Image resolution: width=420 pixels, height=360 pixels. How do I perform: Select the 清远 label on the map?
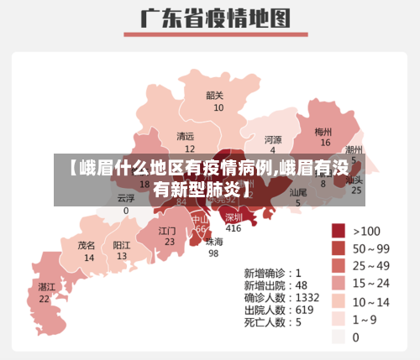point(185,137)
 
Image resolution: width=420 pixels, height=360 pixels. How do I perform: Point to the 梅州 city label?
point(323,132)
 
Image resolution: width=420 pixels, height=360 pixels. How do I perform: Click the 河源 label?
point(273,139)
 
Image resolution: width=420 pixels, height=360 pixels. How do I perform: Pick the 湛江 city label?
point(46,287)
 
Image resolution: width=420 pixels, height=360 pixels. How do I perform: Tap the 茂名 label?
point(87,246)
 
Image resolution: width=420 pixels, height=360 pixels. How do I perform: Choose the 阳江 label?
point(122,245)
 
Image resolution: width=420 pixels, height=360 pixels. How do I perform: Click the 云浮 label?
point(126,199)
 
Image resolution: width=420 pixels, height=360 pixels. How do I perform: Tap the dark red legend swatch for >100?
point(338,231)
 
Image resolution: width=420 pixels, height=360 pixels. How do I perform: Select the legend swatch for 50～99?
point(338,248)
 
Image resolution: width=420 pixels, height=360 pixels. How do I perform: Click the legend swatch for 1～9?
point(338,319)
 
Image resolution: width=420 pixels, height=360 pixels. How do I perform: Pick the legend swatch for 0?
point(338,337)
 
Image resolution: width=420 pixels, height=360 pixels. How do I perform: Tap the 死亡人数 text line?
point(273,321)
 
